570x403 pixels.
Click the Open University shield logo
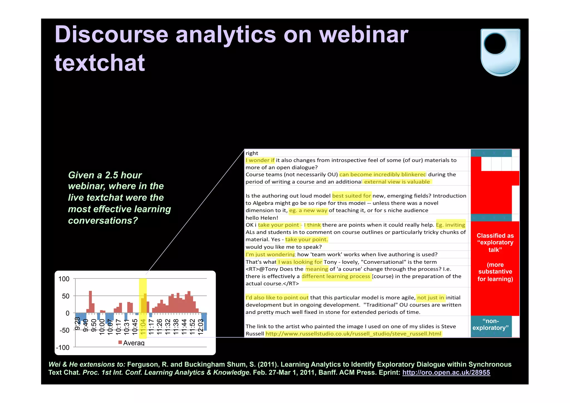tap(500, 52)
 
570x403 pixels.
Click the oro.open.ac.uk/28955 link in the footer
tap(446, 373)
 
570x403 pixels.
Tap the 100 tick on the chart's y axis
tap(64, 279)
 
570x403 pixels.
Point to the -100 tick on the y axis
tap(63, 347)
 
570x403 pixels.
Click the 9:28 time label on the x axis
tap(78, 323)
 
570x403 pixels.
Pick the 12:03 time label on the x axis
tap(200, 326)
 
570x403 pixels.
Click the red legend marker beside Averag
tap(120, 342)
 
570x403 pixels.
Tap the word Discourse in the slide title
tap(111, 35)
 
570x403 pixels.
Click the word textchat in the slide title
tap(100, 63)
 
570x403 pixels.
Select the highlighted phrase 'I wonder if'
tap(260, 160)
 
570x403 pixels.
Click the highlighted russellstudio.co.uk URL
tap(353, 334)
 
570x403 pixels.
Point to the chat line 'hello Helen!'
tap(262, 218)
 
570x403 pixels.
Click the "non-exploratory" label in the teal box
tap(490, 324)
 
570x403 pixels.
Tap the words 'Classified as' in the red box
tap(495, 236)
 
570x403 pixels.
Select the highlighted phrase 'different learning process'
tap(336, 276)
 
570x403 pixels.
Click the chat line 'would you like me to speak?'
tap(283, 247)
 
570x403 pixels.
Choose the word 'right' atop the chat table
tap(252, 153)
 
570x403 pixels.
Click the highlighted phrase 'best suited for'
tap(352, 196)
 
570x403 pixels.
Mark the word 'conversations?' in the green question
tap(103, 221)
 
